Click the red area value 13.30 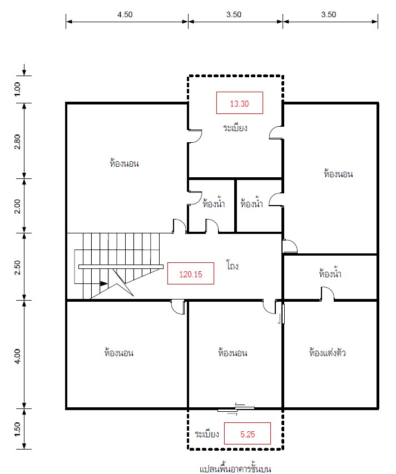click(x=239, y=104)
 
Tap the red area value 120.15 click(x=191, y=274)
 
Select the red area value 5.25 click(x=247, y=435)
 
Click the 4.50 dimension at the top click(x=125, y=14)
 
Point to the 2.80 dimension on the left click(x=18, y=142)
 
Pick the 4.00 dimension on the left click(x=18, y=356)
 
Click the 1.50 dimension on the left click(x=18, y=429)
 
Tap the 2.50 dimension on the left click(x=18, y=267)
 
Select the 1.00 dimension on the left click(x=18, y=89)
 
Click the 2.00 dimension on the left click(x=18, y=206)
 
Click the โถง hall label click(x=232, y=265)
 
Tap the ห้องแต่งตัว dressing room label click(x=328, y=352)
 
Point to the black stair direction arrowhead click(x=104, y=283)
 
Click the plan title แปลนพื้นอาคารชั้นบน click(x=235, y=469)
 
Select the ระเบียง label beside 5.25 click(x=207, y=434)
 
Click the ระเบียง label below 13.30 click(x=235, y=128)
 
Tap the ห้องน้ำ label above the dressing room click(x=330, y=273)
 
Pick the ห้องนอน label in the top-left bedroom click(x=124, y=163)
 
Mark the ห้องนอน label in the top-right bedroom click(x=338, y=174)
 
